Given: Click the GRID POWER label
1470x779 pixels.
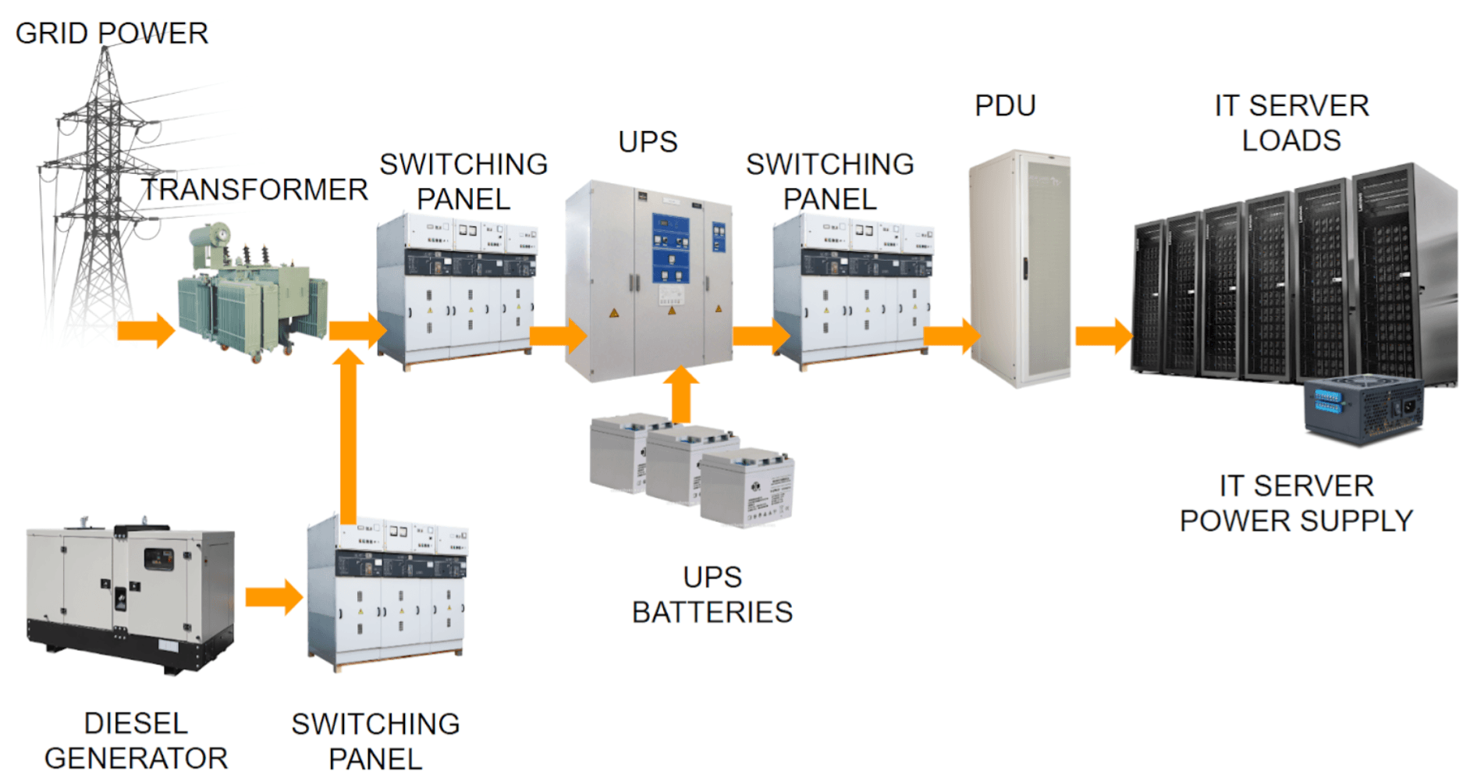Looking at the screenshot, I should [x=112, y=33].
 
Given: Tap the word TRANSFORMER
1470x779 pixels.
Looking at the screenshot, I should [x=254, y=190].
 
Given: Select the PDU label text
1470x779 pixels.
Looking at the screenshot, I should [x=1005, y=105].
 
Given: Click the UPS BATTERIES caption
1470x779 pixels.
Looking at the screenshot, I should [x=712, y=595].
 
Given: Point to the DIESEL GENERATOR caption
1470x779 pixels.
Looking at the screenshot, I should [x=136, y=741].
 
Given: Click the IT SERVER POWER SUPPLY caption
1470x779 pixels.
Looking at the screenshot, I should [x=1296, y=503].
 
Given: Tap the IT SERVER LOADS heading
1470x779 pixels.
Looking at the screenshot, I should [x=1291, y=123].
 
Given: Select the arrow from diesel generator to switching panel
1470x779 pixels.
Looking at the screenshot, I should [x=274, y=598].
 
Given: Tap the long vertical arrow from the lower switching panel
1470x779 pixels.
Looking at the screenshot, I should [x=348, y=437].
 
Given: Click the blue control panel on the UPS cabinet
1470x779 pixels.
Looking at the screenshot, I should [x=670, y=248].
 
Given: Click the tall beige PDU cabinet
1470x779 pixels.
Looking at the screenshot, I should [x=1019, y=269].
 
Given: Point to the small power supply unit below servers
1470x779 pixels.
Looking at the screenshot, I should [x=1363, y=410].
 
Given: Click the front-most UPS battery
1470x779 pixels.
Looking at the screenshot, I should [x=747, y=488].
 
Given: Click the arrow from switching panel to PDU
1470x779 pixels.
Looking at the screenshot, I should [x=951, y=336].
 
